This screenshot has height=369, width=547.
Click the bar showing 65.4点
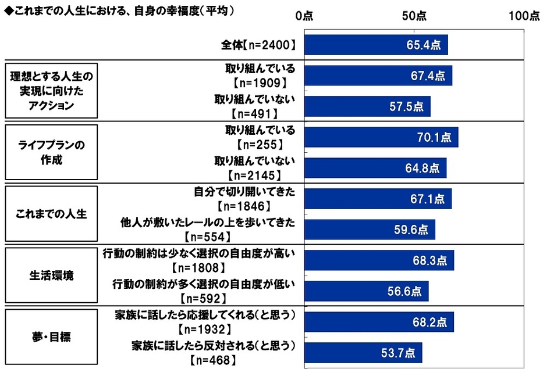(376, 45)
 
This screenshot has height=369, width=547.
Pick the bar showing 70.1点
(381, 138)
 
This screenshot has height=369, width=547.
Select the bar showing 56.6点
(366, 291)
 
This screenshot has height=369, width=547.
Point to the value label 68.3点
(431, 261)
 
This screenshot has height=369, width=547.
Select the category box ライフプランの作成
(51, 153)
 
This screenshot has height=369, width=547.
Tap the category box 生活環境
(51, 276)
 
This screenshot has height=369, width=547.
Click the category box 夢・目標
(51, 337)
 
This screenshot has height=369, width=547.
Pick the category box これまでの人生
(51, 214)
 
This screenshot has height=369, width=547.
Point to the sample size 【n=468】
(213, 360)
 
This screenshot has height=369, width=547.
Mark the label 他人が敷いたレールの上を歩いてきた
(208, 222)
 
